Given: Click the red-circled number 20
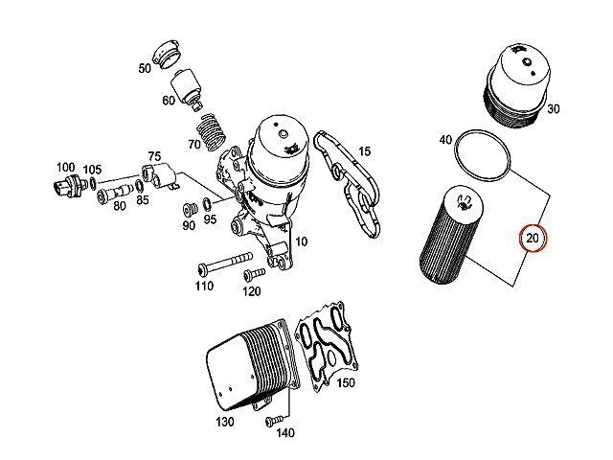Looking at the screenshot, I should click(x=533, y=237).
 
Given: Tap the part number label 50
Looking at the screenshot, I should click(x=145, y=68).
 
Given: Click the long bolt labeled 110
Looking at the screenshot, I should click(x=224, y=263).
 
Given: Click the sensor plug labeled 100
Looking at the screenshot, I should click(x=67, y=185).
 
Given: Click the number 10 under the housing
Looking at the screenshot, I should click(x=301, y=241).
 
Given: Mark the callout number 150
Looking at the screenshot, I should click(x=345, y=384).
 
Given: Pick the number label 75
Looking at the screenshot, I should click(x=153, y=157).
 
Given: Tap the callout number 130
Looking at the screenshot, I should click(x=225, y=422).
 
